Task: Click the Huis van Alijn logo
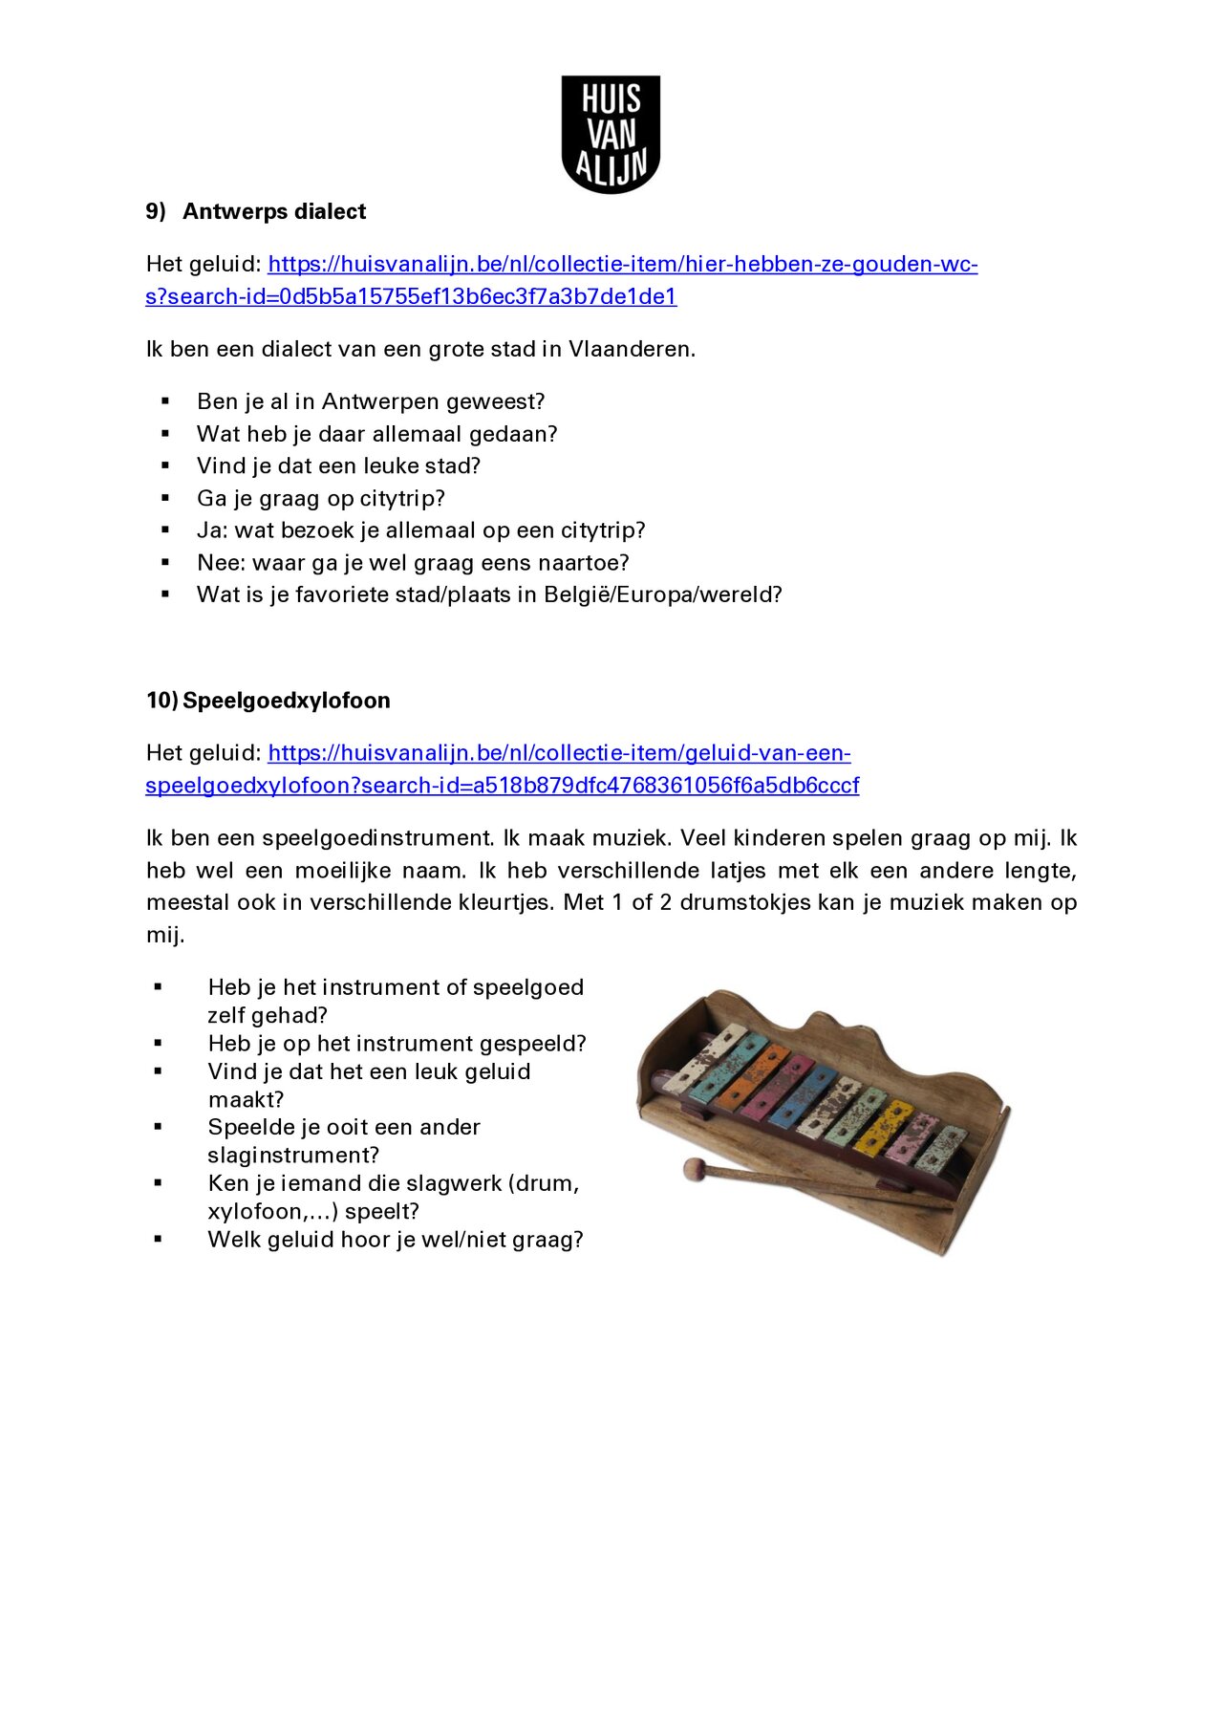click(x=611, y=134)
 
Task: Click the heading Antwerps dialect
click(x=273, y=211)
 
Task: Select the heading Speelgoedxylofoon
click(x=286, y=701)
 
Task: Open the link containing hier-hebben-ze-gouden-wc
click(x=622, y=265)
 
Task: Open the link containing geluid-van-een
click(x=559, y=753)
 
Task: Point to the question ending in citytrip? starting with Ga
click(x=320, y=498)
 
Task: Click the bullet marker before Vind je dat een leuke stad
click(x=165, y=465)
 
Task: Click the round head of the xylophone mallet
click(x=693, y=1168)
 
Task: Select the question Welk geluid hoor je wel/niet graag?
click(x=395, y=1240)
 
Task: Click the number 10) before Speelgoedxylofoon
click(x=161, y=701)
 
